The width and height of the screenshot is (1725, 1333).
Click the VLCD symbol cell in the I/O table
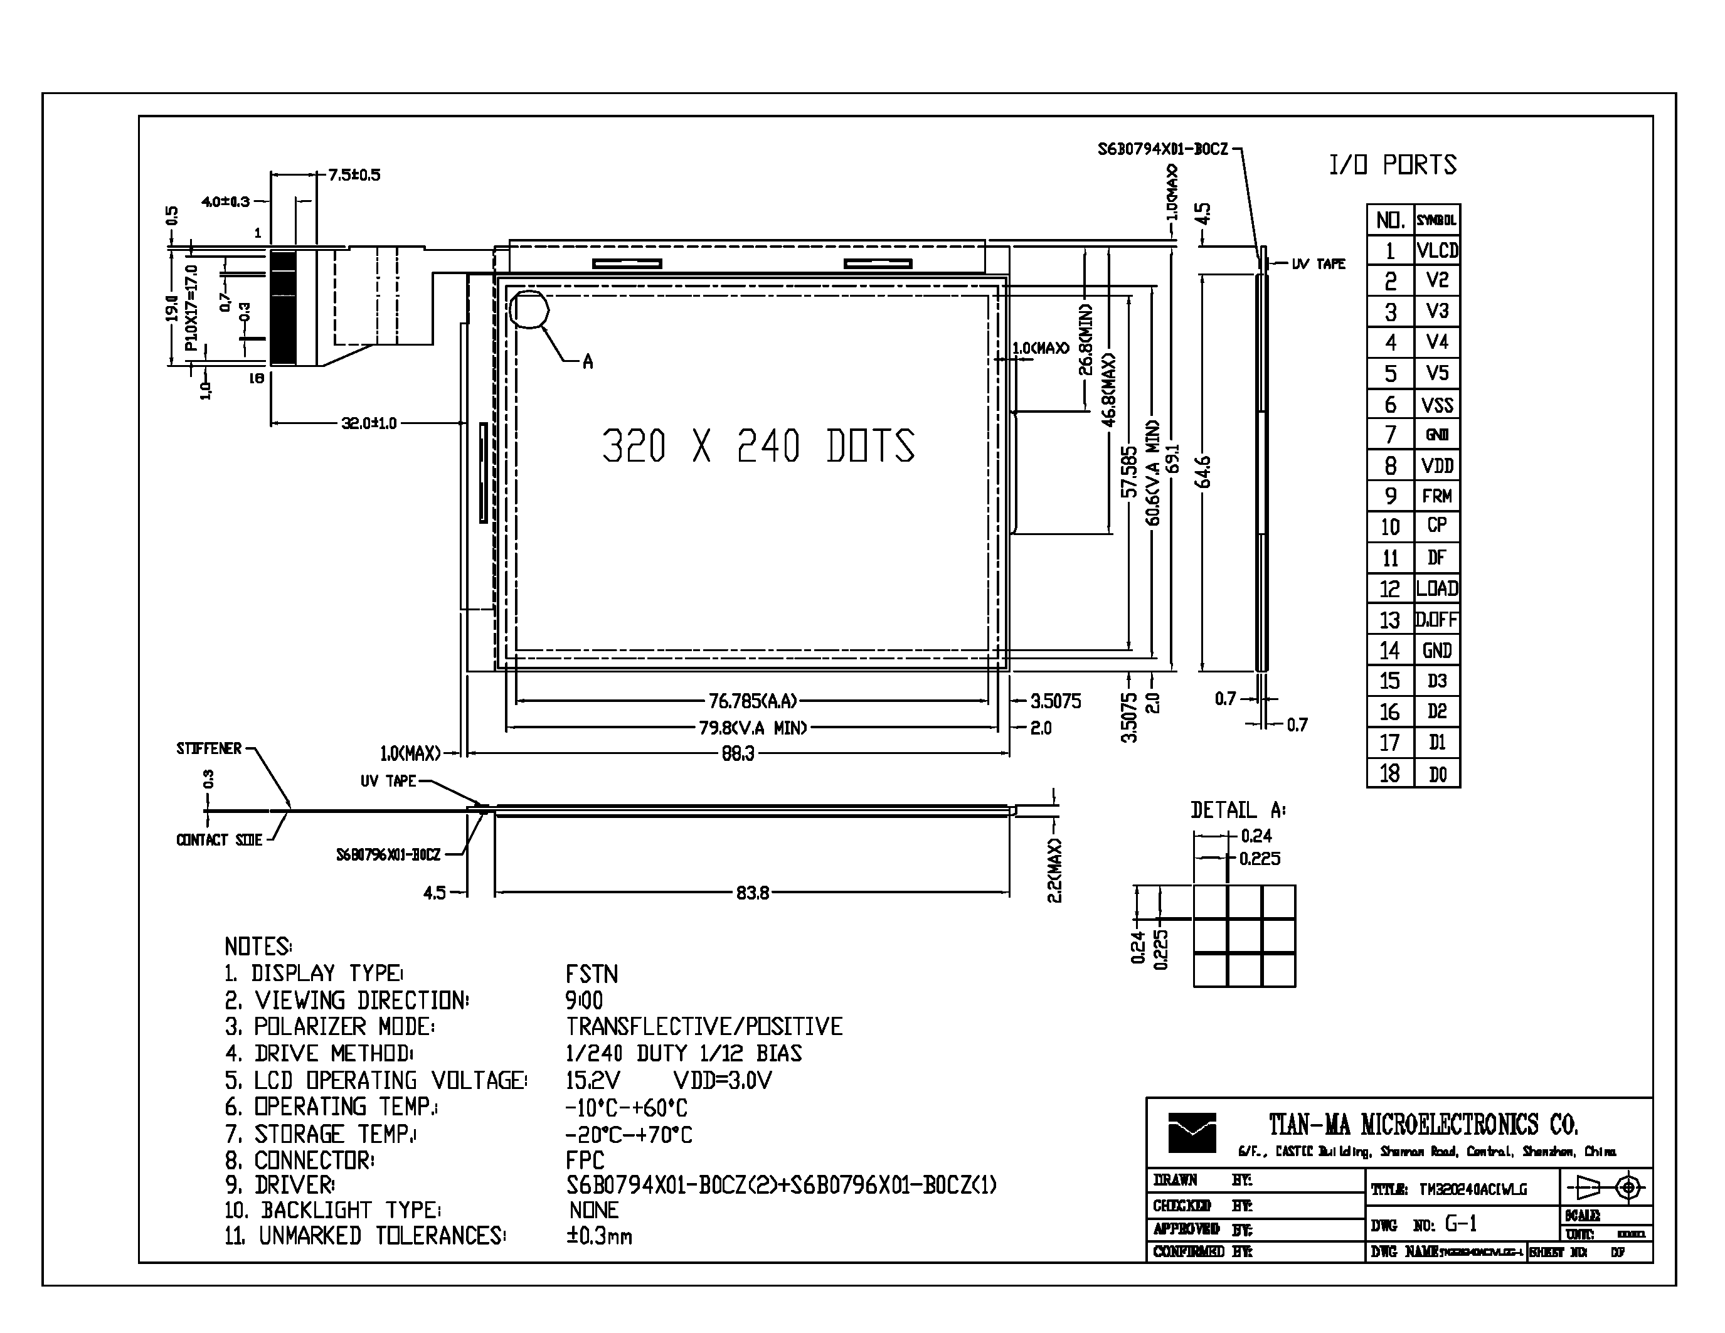point(1436,250)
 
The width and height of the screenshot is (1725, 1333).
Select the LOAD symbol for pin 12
point(1436,588)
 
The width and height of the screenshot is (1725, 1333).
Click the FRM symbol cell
point(1436,496)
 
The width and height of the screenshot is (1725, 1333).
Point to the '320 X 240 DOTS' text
point(758,446)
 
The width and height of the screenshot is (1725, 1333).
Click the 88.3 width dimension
point(737,754)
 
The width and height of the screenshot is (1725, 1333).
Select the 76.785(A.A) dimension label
point(752,701)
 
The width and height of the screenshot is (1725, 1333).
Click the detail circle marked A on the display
point(528,311)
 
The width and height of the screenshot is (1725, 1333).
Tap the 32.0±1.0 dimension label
point(368,423)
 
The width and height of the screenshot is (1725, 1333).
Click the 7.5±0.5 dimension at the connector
point(354,174)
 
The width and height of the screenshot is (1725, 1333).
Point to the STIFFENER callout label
point(208,748)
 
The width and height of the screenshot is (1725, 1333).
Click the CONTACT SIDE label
point(219,840)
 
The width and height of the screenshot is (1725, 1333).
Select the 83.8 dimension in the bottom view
point(752,893)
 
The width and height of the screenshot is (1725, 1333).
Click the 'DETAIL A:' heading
point(1238,810)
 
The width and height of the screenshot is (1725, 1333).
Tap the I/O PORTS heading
point(1392,165)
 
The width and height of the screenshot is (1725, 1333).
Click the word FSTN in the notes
point(592,974)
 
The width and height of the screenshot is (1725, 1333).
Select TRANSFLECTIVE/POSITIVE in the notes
point(704,1027)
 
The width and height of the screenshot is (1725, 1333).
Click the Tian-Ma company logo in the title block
point(1192,1132)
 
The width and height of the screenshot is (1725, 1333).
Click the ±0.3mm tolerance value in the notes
point(598,1236)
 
